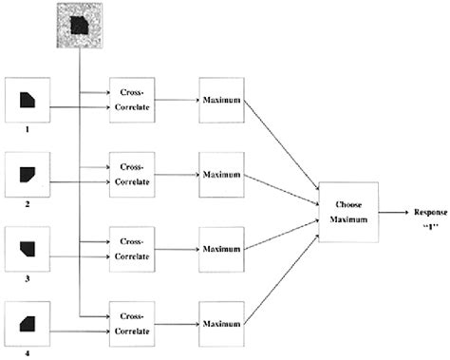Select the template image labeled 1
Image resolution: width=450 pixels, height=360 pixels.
27,100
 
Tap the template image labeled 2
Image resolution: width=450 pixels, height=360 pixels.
27,174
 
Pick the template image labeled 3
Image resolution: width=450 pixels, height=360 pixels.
27,249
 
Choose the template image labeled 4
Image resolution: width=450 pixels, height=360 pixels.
27,323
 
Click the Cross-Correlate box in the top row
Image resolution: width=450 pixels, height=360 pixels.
132,100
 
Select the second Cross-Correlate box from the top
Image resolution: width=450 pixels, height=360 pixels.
132,174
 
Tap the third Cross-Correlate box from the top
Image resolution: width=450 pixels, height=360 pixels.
132,249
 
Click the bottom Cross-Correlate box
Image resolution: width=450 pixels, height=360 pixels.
132,323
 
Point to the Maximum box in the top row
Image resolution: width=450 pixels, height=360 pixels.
221,100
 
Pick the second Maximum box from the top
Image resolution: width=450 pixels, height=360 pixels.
221,174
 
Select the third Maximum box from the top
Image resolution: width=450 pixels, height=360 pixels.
221,249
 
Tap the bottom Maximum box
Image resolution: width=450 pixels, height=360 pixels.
221,323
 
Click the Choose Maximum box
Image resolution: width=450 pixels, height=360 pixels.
343,209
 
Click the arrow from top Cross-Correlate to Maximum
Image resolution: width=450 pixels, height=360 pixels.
176,100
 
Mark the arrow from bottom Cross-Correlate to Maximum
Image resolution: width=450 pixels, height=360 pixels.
176,323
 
